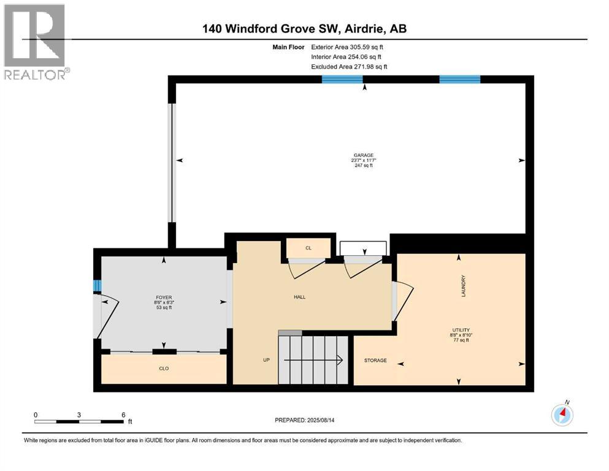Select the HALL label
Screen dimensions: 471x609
point(299,297)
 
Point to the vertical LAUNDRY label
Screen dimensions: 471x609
point(464,286)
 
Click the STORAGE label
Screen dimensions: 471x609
point(375,361)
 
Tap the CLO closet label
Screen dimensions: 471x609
point(164,369)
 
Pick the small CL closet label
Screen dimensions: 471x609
point(308,248)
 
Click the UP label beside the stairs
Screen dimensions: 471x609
point(266,360)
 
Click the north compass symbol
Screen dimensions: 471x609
point(562,415)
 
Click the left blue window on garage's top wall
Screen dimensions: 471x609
point(342,79)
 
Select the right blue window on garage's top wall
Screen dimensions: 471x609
point(459,79)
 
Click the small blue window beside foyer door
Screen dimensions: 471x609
point(96,286)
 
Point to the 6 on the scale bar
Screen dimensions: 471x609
point(123,415)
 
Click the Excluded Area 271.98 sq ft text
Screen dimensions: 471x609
point(349,66)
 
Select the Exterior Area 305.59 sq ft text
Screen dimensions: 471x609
point(350,47)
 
